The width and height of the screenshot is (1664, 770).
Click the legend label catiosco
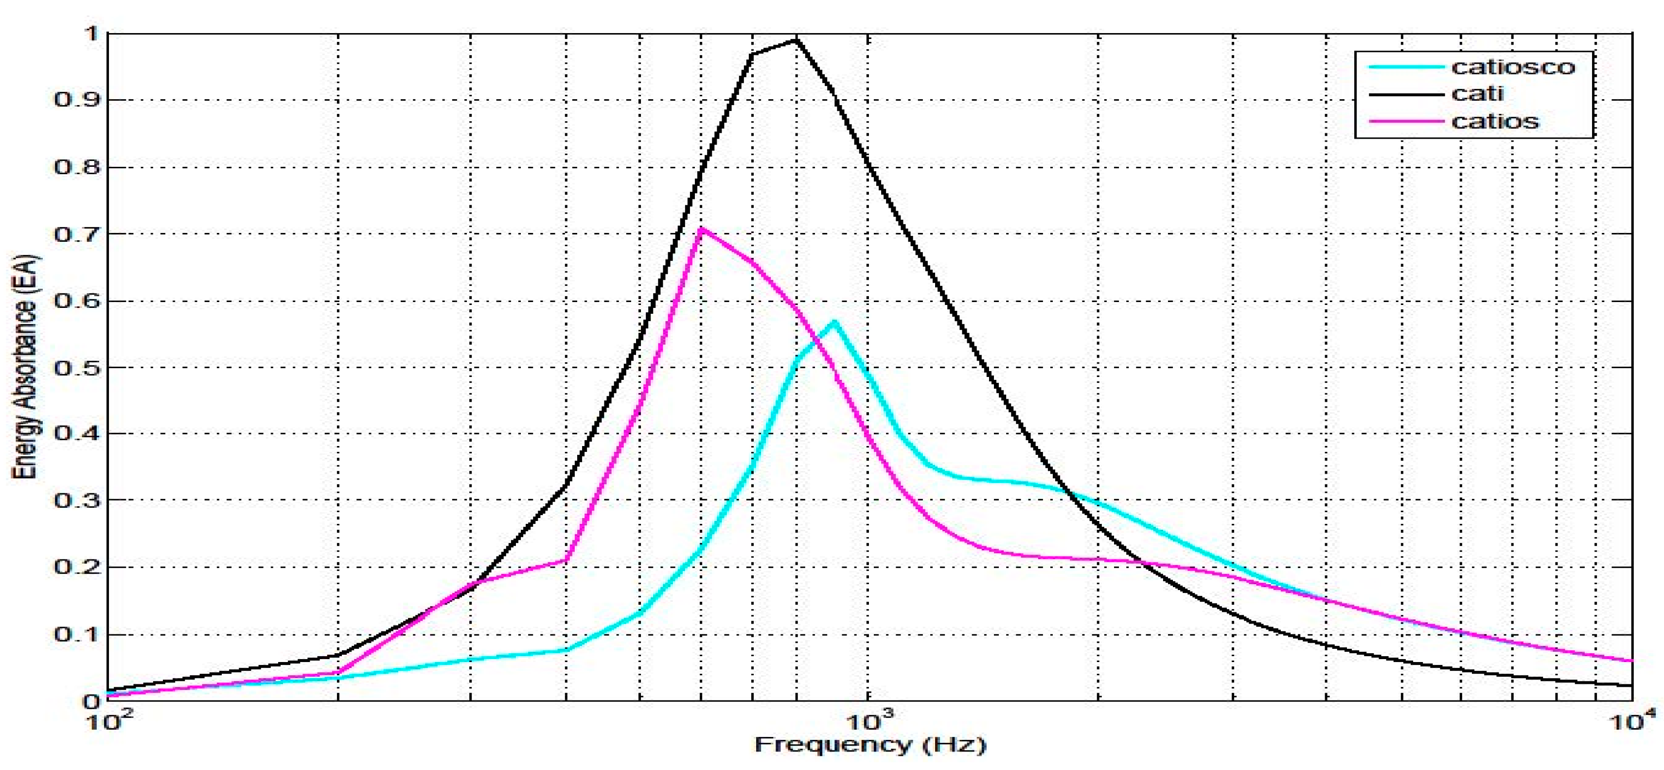click(1513, 67)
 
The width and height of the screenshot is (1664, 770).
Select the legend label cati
click(1477, 94)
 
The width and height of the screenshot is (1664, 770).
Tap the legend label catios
click(1495, 122)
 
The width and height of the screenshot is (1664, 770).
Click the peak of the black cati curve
click(796, 40)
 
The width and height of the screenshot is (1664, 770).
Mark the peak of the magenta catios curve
click(702, 229)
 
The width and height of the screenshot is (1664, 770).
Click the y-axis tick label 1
click(90, 34)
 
